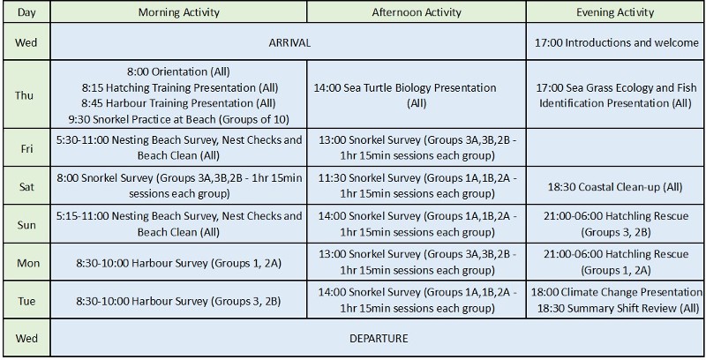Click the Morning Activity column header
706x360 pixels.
[x=179, y=12]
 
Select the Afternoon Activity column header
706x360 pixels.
[x=417, y=12]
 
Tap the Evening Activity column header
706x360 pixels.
[x=615, y=12]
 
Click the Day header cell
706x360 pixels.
[x=26, y=12]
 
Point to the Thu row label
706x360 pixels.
[x=25, y=95]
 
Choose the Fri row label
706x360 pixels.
[x=26, y=148]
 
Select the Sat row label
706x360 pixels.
[x=26, y=186]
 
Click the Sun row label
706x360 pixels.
[x=26, y=224]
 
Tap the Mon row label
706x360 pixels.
[x=28, y=262]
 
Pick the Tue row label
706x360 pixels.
[x=26, y=301]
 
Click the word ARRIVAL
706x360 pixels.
[x=289, y=42]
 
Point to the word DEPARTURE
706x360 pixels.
[x=379, y=339]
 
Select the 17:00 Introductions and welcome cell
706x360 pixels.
[x=615, y=42]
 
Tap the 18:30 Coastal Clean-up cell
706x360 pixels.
[x=615, y=186]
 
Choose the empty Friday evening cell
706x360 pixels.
[x=615, y=148]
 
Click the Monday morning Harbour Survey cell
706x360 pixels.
[x=179, y=262]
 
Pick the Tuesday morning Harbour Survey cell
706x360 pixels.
[x=179, y=301]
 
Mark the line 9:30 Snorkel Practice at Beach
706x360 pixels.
[x=179, y=119]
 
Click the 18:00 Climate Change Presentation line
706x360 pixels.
[x=617, y=292]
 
